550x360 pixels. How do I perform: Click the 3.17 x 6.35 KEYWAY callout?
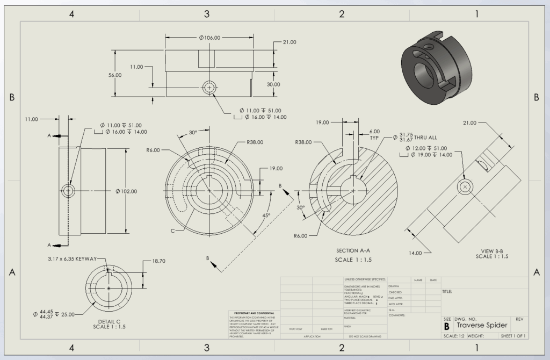point(71,259)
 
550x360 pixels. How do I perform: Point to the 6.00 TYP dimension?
point(374,134)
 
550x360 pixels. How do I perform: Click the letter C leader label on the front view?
point(172,231)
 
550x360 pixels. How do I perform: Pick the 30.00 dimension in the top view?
point(273,84)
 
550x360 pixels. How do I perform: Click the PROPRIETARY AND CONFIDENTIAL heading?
point(251,313)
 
